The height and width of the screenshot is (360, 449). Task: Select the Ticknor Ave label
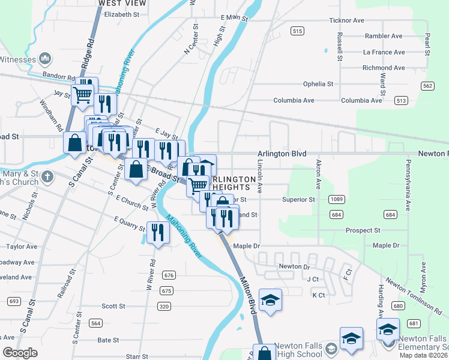[x=346, y=20]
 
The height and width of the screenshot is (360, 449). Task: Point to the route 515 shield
[x=297, y=30]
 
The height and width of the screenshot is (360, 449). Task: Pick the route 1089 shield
[x=337, y=199]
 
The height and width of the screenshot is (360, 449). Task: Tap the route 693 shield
[x=14, y=301]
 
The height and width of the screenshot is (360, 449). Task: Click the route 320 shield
[x=164, y=306]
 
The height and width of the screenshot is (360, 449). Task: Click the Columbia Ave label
[x=294, y=100]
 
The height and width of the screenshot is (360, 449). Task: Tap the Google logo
[x=20, y=353]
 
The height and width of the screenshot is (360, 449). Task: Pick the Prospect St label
[x=363, y=230]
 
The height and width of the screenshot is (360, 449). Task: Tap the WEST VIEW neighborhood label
[x=119, y=3]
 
